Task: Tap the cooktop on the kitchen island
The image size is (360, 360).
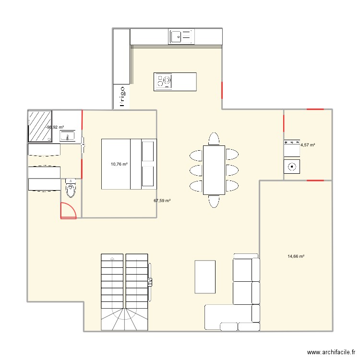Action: pos(163,81)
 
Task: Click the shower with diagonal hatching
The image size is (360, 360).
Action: pos(40,126)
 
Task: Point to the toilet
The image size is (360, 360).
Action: pos(71,189)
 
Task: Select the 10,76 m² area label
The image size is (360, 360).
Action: pos(119,164)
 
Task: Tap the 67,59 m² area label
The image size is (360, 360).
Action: pos(162,201)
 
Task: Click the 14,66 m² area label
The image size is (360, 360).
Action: pos(296,256)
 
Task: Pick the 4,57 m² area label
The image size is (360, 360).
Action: pos(308,144)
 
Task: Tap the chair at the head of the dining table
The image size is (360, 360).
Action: pos(214,139)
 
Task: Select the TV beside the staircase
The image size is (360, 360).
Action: pos(150,282)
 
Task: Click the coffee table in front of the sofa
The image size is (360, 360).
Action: pos(205,276)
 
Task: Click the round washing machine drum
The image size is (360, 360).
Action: pos(291,167)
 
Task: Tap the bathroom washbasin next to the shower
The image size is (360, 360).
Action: pos(67,136)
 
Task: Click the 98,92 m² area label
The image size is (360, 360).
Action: pos(55,127)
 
